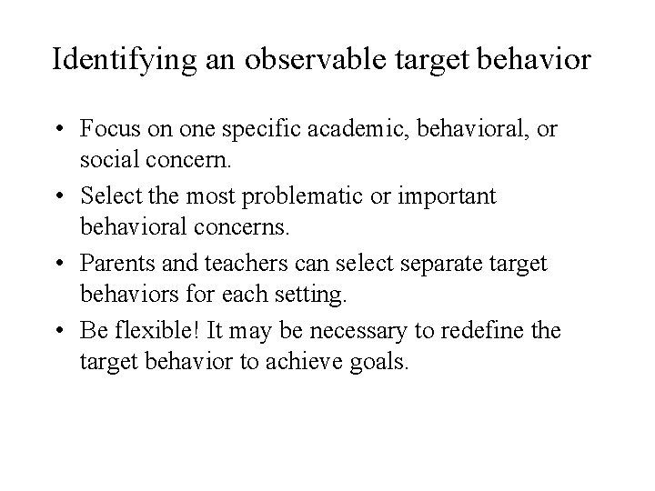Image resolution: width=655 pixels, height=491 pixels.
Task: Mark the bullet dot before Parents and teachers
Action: point(67,263)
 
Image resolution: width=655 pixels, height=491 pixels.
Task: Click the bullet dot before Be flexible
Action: point(67,329)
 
